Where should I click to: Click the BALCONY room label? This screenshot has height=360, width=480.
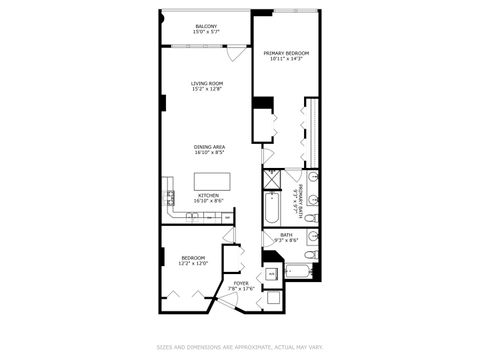coord(207,25)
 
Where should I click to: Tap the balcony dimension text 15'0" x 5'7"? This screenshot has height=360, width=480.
coord(207,31)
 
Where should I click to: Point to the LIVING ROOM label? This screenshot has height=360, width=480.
coord(207,83)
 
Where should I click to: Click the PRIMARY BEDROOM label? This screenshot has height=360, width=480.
coord(286,52)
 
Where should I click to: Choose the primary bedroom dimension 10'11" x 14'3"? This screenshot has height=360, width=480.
coord(286,58)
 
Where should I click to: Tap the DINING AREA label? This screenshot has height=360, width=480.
coord(209,147)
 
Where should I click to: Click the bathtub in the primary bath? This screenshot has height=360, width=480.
coord(271,210)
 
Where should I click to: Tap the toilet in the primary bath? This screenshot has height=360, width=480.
coord(312,217)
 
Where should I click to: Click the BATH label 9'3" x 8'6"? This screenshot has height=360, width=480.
coord(287,238)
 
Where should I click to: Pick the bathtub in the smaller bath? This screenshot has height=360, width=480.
coord(299,270)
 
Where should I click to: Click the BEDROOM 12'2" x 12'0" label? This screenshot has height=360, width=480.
coord(193,260)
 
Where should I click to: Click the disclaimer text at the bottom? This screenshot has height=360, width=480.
coord(240,348)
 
